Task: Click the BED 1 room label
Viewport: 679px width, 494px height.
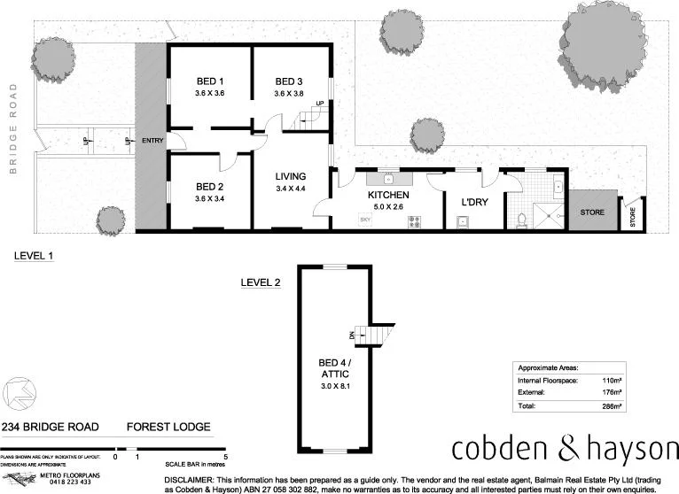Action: [x=209, y=82]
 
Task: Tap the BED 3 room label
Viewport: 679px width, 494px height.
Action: [x=288, y=82]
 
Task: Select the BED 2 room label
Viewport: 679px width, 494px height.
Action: [x=209, y=187]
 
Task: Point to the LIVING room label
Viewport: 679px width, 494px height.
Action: [x=290, y=176]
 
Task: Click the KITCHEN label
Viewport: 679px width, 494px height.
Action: [x=388, y=195]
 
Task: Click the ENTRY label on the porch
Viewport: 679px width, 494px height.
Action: [x=152, y=141]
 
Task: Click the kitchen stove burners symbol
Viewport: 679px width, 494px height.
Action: [x=414, y=221]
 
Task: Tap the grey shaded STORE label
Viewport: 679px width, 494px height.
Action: [x=591, y=213]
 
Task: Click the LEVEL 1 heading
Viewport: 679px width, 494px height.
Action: [x=34, y=256]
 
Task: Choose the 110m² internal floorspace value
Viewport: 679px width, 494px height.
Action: [x=611, y=379]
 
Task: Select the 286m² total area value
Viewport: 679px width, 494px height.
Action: [x=611, y=405]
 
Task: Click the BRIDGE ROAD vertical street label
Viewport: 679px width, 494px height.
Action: [x=13, y=129]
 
